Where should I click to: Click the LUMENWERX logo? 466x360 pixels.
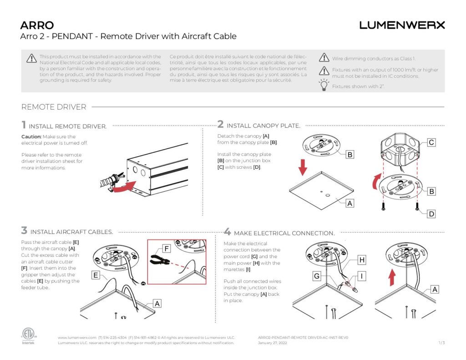402,25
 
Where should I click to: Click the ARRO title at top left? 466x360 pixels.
37,25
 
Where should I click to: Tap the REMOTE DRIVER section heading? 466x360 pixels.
54,107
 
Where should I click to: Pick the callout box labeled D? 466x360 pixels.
431,213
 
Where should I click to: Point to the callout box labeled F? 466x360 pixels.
167,249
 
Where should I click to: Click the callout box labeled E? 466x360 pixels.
96,275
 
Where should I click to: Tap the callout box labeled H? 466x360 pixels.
362,260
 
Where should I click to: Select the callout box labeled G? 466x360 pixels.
316,276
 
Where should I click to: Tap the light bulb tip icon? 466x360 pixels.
324,85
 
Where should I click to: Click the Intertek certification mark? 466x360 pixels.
28,335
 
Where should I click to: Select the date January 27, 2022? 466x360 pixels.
272,343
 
